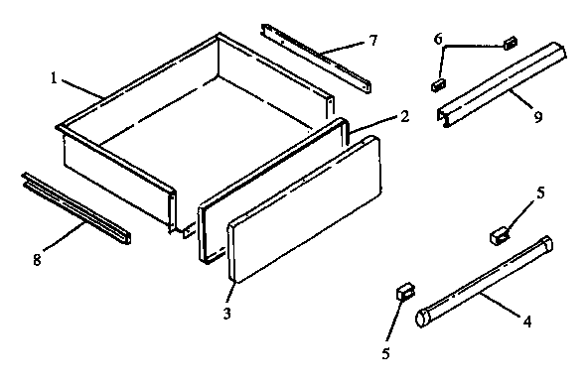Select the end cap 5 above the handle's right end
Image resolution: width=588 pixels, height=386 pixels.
point(501,235)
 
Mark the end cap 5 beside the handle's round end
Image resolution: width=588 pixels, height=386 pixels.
point(403,292)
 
